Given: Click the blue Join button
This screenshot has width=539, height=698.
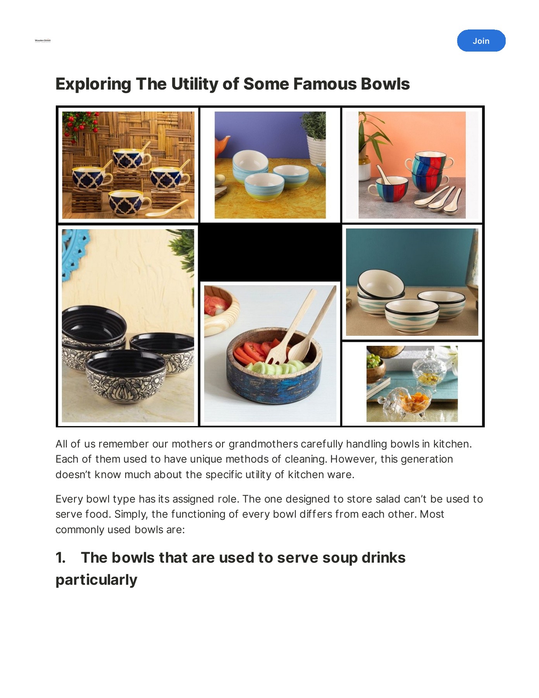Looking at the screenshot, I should point(481,41).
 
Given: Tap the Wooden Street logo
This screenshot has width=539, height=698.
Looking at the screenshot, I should point(43,40).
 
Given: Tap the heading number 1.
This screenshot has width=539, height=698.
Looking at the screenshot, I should point(60,558).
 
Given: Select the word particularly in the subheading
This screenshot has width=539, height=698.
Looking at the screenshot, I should point(96,580).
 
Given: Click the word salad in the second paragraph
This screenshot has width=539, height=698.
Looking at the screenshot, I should point(387,499).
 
